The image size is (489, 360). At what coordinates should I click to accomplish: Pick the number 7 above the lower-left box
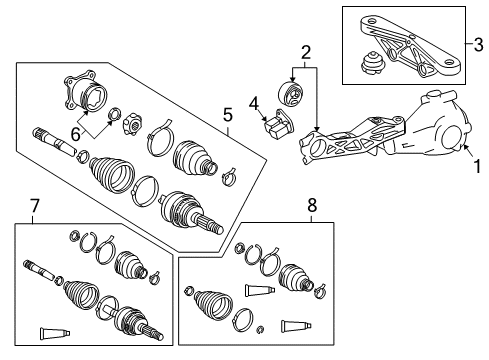tap(36, 207)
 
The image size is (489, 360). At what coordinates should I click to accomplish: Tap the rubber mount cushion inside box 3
tap(373, 67)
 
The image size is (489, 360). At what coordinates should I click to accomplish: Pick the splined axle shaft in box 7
tap(40, 270)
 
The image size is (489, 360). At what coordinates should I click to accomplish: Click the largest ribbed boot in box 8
tap(212, 306)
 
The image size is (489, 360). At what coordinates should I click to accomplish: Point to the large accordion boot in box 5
tap(110, 179)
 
